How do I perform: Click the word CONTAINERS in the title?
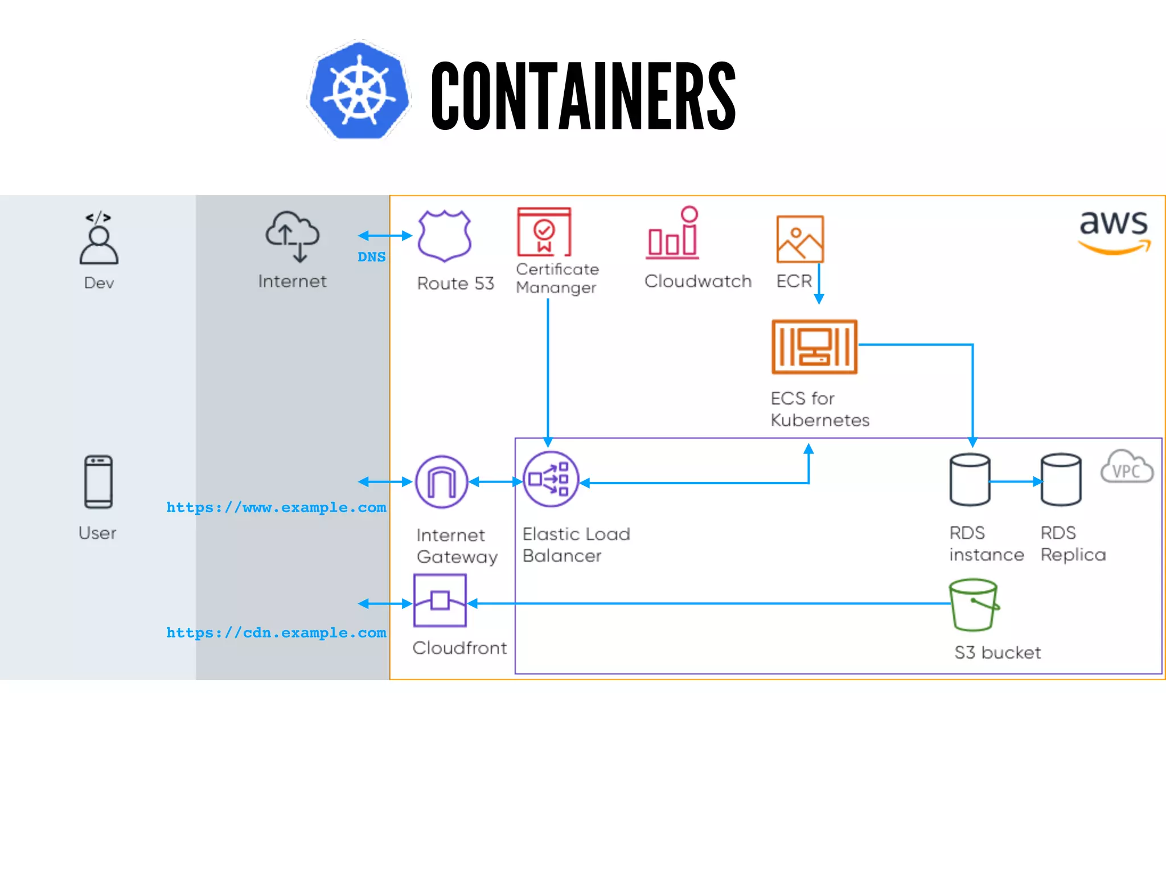583,96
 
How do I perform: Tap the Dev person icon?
99,239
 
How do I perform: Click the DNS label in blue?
371,257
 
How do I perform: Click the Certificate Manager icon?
544,232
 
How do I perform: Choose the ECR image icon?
799,239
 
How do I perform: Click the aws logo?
1114,231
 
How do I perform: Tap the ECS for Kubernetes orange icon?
814,346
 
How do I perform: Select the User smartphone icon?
98,481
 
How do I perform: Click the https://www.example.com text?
276,507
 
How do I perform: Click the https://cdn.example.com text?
276,632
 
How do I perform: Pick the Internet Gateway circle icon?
441,482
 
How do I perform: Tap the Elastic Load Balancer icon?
550,479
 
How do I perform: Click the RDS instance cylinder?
970,480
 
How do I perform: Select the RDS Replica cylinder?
1061,480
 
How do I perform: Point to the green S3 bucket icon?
974,605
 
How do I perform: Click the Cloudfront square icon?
440,600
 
